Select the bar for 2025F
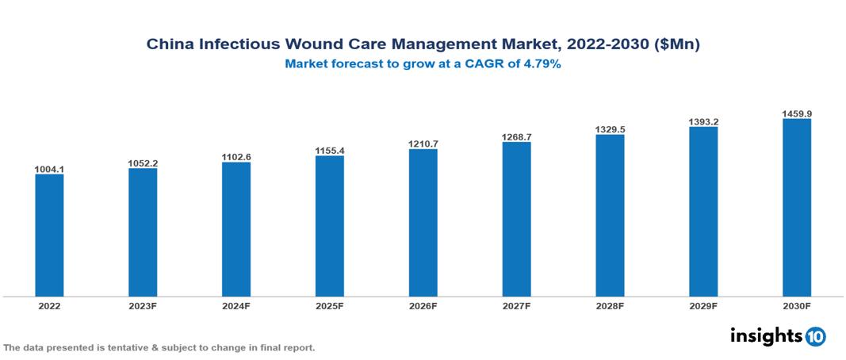329,226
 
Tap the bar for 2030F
796,208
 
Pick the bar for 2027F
516,220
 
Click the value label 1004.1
49,169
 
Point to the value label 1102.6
236,157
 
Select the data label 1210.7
423,144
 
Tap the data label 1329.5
610,129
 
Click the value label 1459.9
796,113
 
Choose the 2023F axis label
143,305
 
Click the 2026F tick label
423,305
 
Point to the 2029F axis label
703,305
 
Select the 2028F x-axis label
610,305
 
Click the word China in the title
169,45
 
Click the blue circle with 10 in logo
815,336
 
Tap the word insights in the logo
766,335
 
